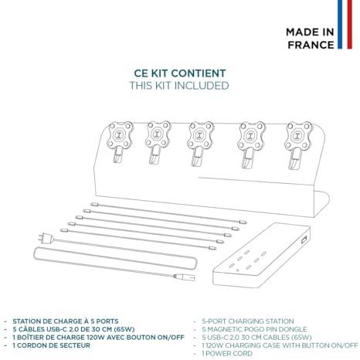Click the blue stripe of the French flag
[x=340, y=25]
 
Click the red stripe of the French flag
[x=349, y=25]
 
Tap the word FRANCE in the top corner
[x=311, y=45]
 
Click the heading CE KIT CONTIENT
[x=180, y=73]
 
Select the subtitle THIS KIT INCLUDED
[x=179, y=86]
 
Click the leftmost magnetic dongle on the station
[x=120, y=141]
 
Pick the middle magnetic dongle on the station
[x=200, y=143]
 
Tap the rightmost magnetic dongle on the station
[x=297, y=144]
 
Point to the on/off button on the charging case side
[x=304, y=240]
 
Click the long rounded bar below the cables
[x=115, y=258]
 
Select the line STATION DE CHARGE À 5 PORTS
[x=66, y=321]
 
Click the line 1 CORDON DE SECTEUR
[x=52, y=345]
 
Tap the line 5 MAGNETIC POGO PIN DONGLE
[x=254, y=329]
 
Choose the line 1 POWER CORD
[x=227, y=353]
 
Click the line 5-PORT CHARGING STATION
[x=248, y=321]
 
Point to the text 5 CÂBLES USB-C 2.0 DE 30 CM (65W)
[x=73, y=329]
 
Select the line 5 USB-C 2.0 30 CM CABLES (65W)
[x=256, y=338]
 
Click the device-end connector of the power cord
[x=185, y=277]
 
